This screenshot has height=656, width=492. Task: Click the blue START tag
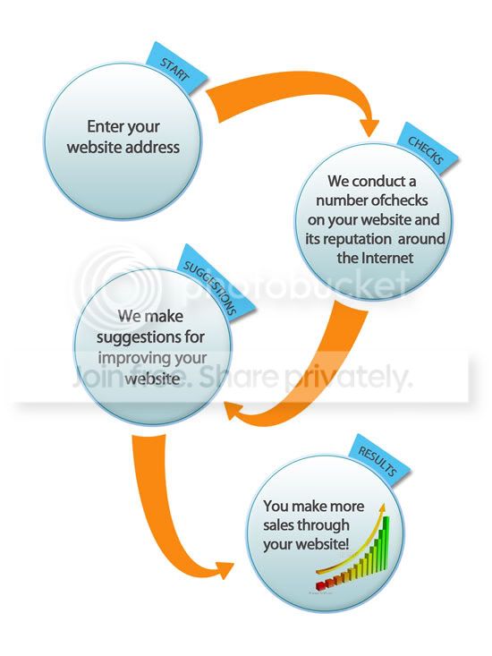tap(176, 68)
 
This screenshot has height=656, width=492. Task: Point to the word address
tap(152, 147)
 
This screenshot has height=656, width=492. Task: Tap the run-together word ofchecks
tap(400, 200)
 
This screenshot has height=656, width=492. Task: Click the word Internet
tap(387, 257)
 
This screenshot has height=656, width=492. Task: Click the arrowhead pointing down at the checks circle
tap(369, 128)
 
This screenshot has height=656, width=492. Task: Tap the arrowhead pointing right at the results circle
tap(225, 570)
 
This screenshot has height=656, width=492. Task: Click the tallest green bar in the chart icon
tap(386, 542)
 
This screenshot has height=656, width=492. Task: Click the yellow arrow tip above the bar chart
tap(381, 507)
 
